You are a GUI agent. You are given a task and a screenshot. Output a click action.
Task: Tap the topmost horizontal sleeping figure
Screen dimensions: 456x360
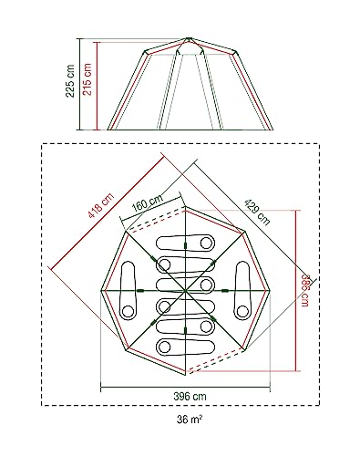189,244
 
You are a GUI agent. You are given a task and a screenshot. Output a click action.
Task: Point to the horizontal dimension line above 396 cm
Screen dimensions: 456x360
189,388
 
